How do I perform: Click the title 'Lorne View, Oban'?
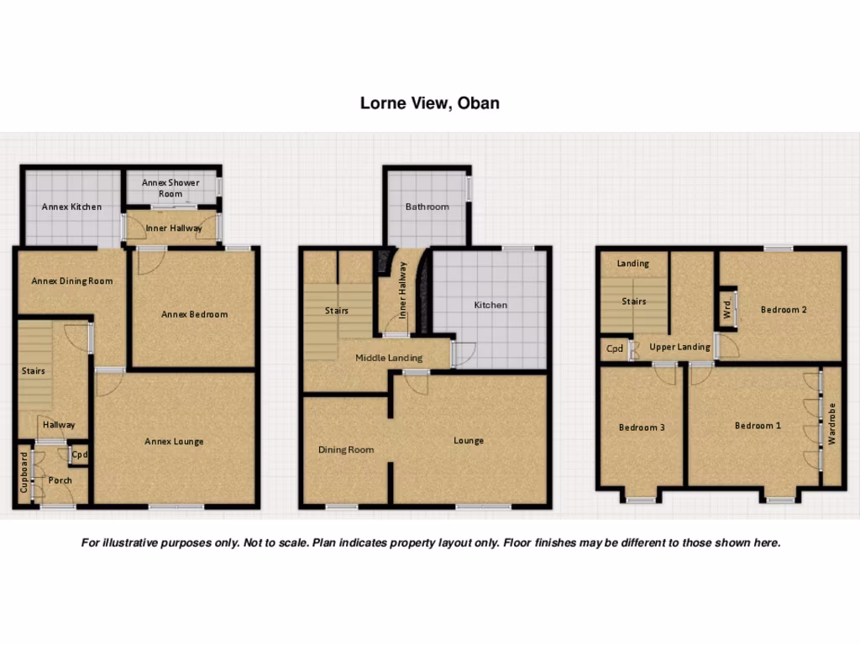tap(429, 103)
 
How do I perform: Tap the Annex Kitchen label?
tap(71, 207)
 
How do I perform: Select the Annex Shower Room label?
tap(170, 188)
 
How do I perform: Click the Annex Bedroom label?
tap(194, 314)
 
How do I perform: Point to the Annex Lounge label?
tap(174, 442)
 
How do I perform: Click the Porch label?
tap(60, 480)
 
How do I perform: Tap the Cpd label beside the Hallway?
tap(79, 455)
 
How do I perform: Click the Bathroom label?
tap(427, 207)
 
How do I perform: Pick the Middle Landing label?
tap(388, 358)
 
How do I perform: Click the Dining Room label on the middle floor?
tap(345, 450)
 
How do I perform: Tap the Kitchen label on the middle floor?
tap(490, 305)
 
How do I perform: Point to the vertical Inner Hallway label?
tap(403, 291)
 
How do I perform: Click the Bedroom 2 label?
tap(784, 309)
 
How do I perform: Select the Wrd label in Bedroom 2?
tap(726, 309)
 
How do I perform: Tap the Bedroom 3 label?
tap(642, 427)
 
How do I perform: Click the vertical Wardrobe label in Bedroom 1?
tap(831, 424)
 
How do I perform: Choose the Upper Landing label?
tap(679, 347)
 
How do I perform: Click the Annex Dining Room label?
tap(72, 281)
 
